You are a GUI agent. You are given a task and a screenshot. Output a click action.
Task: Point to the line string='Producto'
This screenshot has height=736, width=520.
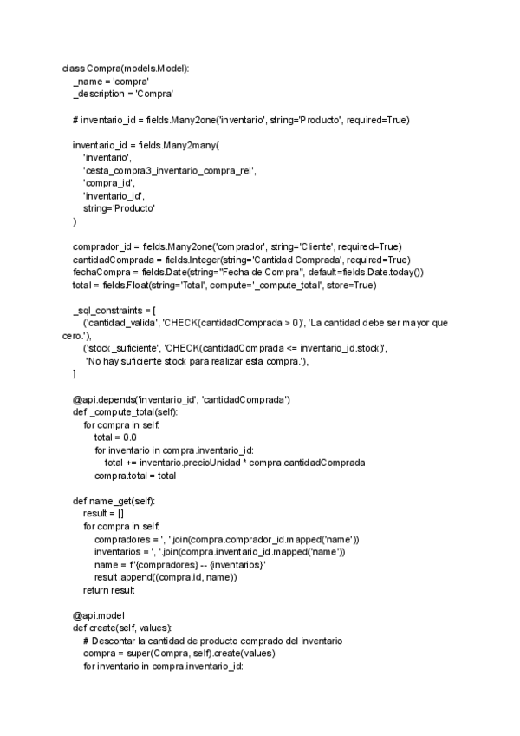tap(119, 209)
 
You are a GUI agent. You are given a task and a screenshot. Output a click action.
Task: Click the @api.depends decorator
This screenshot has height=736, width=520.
tap(181, 399)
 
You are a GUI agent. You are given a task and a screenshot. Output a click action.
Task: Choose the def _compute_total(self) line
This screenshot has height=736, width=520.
tap(126, 412)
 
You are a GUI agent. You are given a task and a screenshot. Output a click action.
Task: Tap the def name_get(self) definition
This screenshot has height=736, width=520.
tap(114, 502)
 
